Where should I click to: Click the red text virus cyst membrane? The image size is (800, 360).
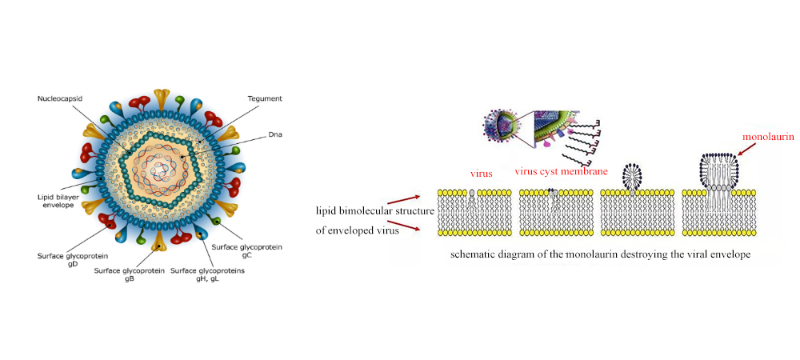[561, 171]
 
